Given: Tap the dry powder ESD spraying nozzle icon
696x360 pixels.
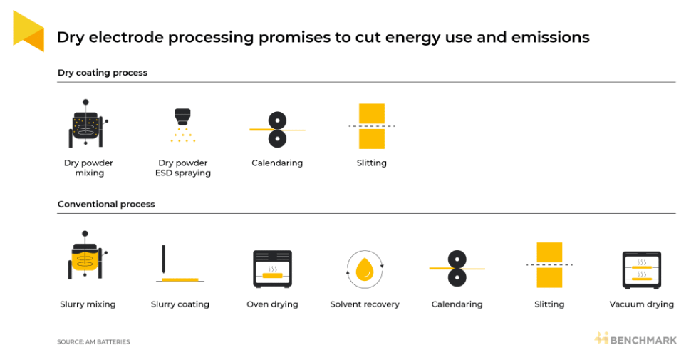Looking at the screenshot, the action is point(183,125).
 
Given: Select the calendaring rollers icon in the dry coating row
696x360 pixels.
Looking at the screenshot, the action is point(277,129).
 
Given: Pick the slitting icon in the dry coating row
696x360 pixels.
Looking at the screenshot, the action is point(372,126).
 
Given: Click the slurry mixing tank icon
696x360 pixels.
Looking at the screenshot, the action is point(87,255).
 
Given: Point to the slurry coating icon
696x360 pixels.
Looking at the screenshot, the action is point(180,264).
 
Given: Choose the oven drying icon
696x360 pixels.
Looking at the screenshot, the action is point(273,269).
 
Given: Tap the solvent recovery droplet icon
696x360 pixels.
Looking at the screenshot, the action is point(365,269).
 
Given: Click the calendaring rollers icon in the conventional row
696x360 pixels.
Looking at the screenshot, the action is point(457,269).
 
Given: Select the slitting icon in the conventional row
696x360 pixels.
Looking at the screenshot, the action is point(549,265).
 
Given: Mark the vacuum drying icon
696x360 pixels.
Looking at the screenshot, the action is point(642,270).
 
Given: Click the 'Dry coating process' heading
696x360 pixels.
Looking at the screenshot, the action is point(103,73).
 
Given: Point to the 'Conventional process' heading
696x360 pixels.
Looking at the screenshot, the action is point(107,204).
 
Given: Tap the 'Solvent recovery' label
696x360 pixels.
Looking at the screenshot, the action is point(365,304).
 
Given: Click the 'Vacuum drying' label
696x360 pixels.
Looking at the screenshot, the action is point(642,304).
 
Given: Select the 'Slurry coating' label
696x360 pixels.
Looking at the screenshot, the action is point(180,304).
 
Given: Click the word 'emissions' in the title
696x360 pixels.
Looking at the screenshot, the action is point(551,37).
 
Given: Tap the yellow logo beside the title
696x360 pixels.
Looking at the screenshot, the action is point(28,31).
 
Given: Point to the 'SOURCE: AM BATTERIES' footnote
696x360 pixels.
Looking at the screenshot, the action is point(93,341).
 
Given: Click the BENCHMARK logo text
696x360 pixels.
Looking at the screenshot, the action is point(643,341).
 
